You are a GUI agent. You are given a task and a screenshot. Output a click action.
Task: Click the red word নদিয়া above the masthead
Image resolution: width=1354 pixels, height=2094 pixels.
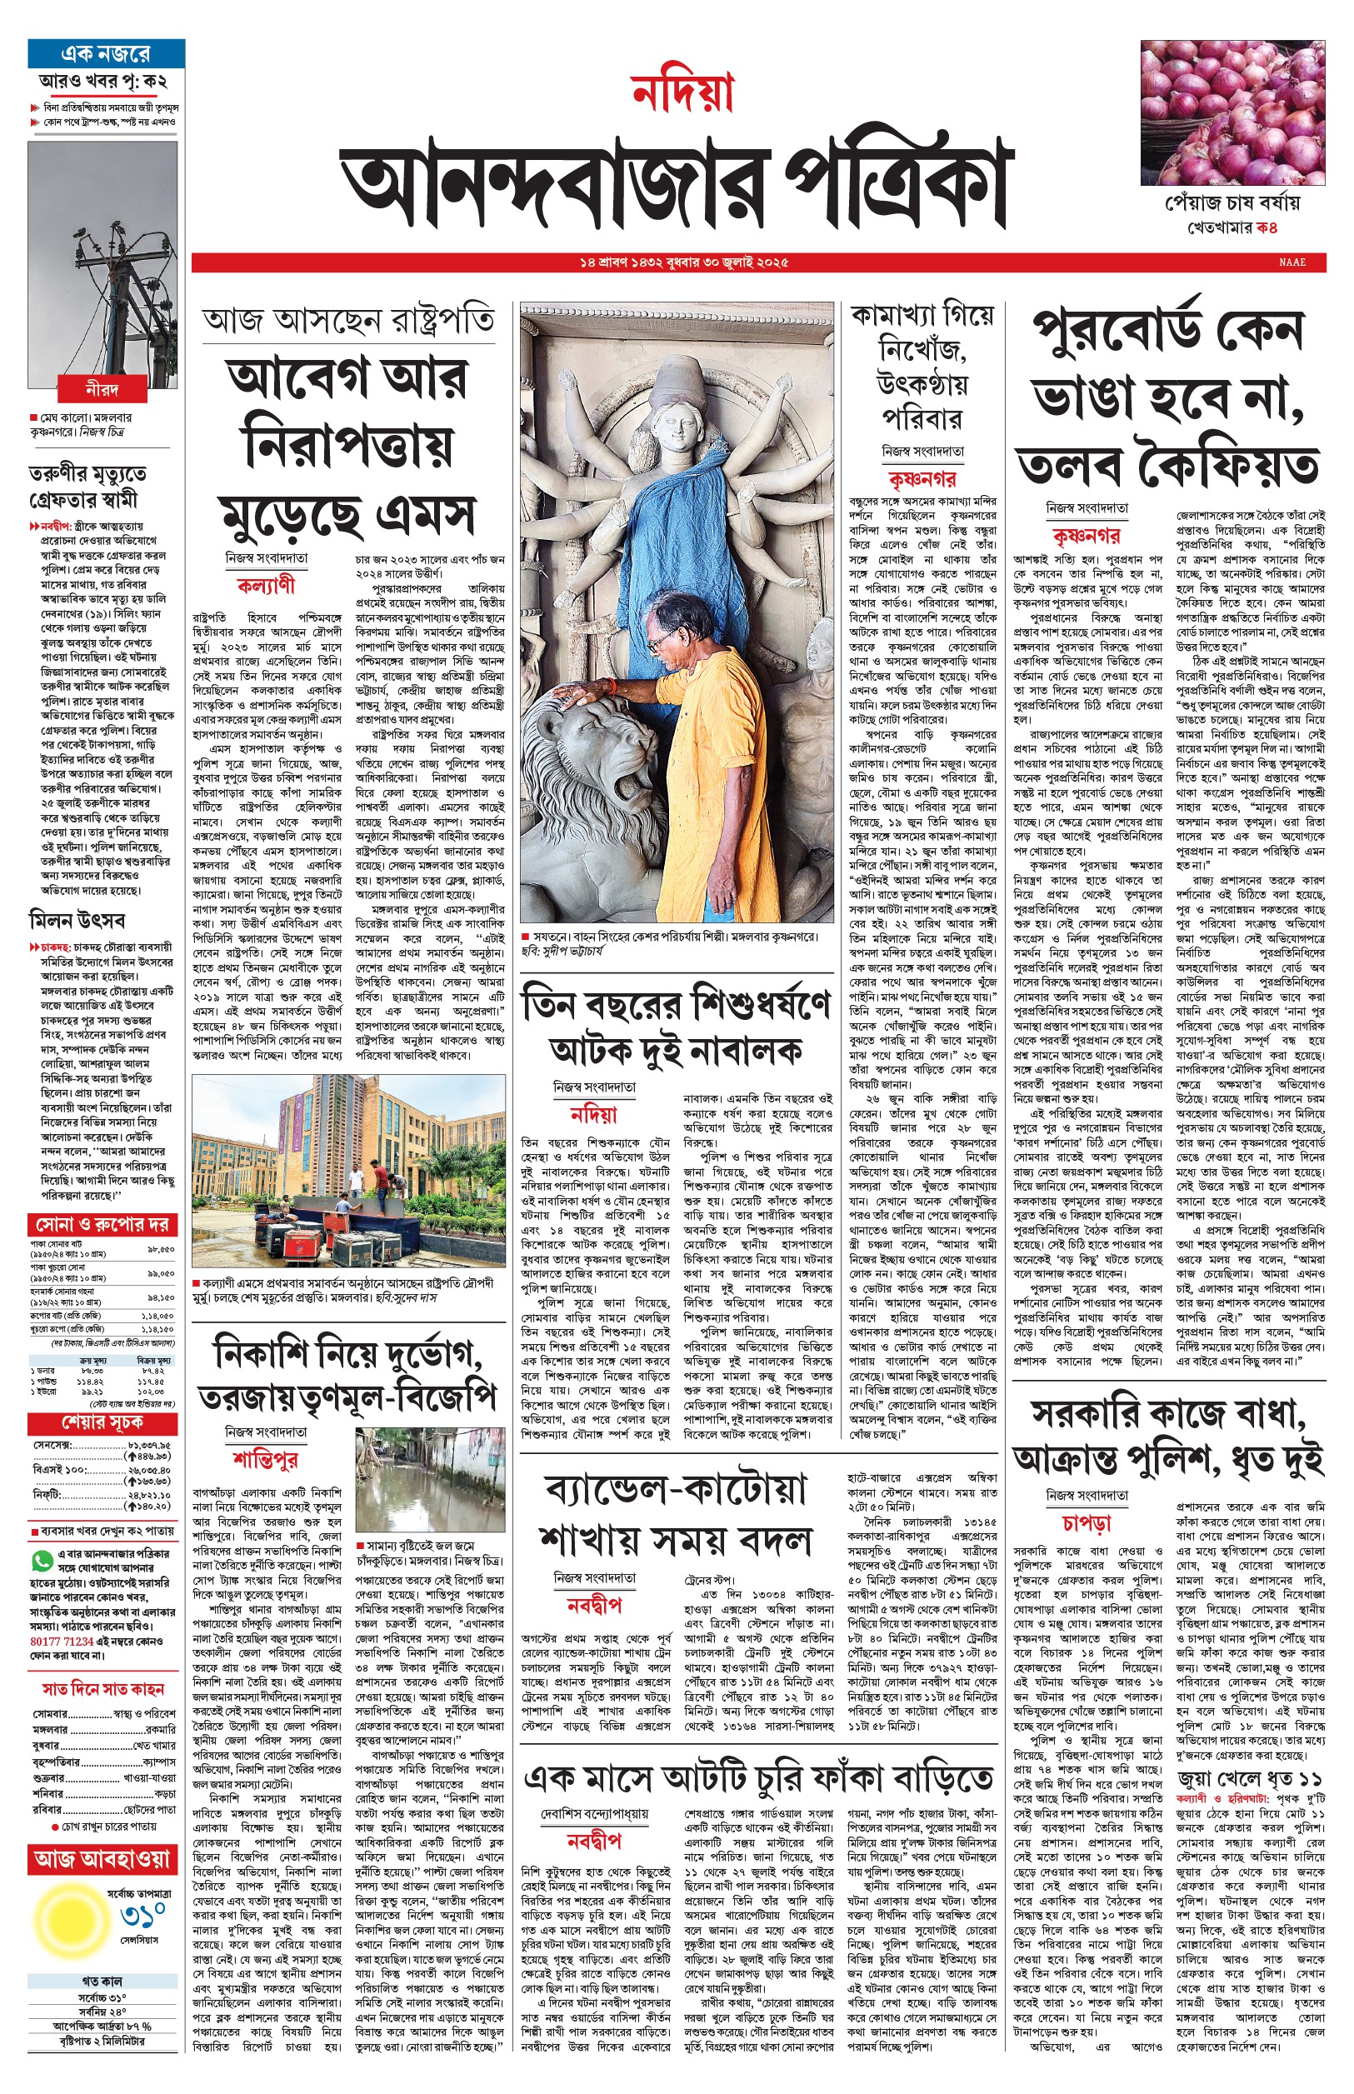coord(682,94)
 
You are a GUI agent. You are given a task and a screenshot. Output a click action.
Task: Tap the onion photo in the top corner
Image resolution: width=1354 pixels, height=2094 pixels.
coord(1232,112)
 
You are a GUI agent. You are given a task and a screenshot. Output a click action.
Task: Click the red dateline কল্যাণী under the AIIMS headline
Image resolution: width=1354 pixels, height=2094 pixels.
coord(266,586)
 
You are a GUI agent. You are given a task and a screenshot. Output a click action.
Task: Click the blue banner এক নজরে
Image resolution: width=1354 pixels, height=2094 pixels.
coord(106,54)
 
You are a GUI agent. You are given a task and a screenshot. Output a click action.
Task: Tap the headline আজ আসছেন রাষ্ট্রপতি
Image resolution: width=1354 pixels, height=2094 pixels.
coord(347,321)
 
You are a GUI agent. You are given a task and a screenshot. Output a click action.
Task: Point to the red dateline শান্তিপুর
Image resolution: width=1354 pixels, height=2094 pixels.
coord(266,1460)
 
